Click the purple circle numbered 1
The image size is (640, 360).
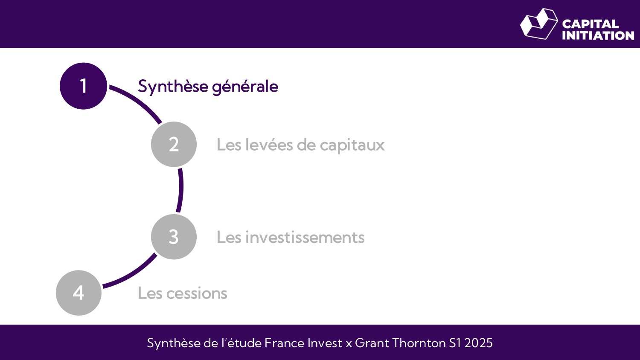coord(83,86)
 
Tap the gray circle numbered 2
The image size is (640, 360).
coord(174,144)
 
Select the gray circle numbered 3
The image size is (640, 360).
coord(174,237)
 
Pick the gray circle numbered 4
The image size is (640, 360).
coord(79,293)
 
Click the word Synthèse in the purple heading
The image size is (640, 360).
coord(173,87)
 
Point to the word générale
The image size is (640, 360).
coord(245,87)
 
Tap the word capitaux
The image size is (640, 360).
coord(352,145)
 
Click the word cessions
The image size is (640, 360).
coord(197,293)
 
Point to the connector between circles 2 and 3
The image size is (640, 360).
coord(180,190)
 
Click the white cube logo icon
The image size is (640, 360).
coord(539,24)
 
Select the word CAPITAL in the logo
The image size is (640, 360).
coord(590,24)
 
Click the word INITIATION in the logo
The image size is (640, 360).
coord(598,35)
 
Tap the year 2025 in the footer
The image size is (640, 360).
coord(478,343)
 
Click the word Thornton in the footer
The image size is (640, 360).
coord(419,343)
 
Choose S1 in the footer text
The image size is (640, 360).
coord(455,343)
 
